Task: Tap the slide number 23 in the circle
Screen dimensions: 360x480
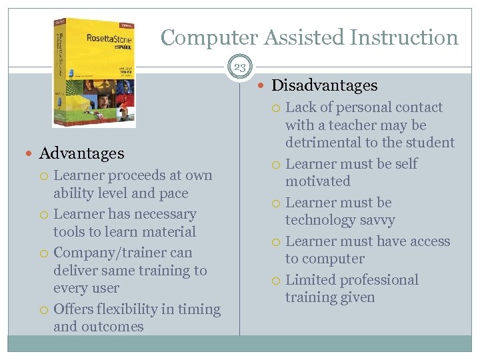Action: (239, 67)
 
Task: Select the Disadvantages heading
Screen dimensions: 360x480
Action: (325, 85)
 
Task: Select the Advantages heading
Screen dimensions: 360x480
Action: (81, 153)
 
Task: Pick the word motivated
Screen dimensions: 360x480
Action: (317, 181)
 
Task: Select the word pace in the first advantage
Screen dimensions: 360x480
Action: (173, 193)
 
